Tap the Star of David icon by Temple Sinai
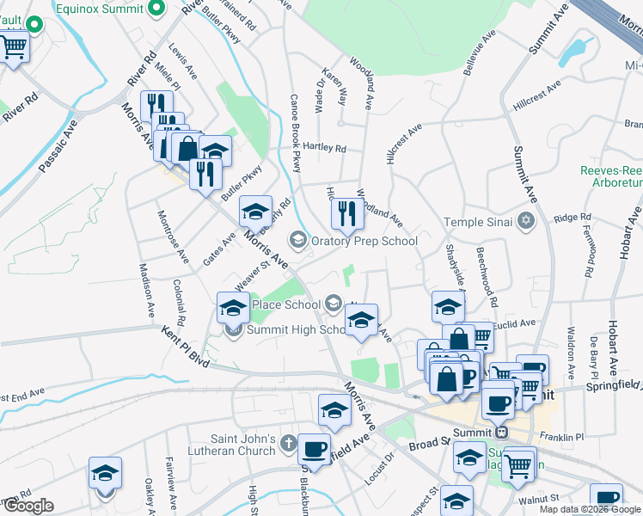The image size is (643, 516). [526, 223]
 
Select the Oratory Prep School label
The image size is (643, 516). [364, 242]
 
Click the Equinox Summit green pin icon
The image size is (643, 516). [156, 9]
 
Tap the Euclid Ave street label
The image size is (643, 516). [515, 323]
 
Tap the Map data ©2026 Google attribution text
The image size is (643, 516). [590, 509]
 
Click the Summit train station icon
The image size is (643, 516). [502, 431]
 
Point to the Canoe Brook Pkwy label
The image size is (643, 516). [295, 132]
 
